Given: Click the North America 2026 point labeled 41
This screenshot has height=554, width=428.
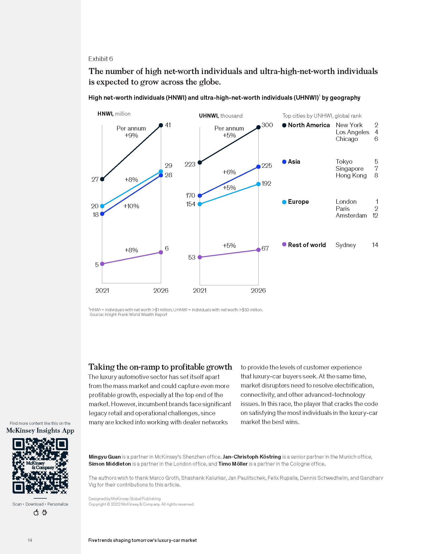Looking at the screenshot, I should pyautogui.click(x=161, y=125).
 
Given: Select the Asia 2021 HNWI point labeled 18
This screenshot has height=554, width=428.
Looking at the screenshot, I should pyautogui.click(x=102, y=214).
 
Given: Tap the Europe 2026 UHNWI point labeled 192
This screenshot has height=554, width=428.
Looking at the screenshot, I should pyautogui.click(x=258, y=184).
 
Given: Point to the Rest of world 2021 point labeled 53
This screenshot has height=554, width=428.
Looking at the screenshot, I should pyautogui.click(x=200, y=257).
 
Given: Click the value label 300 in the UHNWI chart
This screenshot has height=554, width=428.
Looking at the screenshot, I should pyautogui.click(x=267, y=125).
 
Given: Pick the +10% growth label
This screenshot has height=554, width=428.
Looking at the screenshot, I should pyautogui.click(x=131, y=206).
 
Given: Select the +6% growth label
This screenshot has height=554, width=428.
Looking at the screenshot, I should pyautogui.click(x=229, y=172).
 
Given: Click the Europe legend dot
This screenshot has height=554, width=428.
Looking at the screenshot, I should pyautogui.click(x=284, y=202).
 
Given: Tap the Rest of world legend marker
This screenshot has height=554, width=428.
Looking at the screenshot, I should pyautogui.click(x=284, y=245).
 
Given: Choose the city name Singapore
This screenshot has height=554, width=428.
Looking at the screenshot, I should pyautogui.click(x=349, y=169).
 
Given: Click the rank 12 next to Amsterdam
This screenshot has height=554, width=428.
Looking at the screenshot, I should pyautogui.click(x=375, y=216).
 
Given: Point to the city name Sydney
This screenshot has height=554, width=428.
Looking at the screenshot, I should pyautogui.click(x=346, y=245).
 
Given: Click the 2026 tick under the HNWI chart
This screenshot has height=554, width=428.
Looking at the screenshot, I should pyautogui.click(x=161, y=290).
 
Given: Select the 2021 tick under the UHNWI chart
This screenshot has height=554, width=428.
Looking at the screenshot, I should pyautogui.click(x=200, y=290).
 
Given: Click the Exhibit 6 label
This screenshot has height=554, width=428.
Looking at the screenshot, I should pyautogui.click(x=101, y=59).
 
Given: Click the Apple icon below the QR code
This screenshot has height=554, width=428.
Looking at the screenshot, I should pyautogui.click(x=36, y=513).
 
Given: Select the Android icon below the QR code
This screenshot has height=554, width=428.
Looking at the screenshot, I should pyautogui.click(x=45, y=513).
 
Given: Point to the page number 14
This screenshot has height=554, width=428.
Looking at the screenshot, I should pyautogui.click(x=30, y=540).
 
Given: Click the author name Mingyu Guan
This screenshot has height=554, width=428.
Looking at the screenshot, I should pyautogui.click(x=105, y=457).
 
